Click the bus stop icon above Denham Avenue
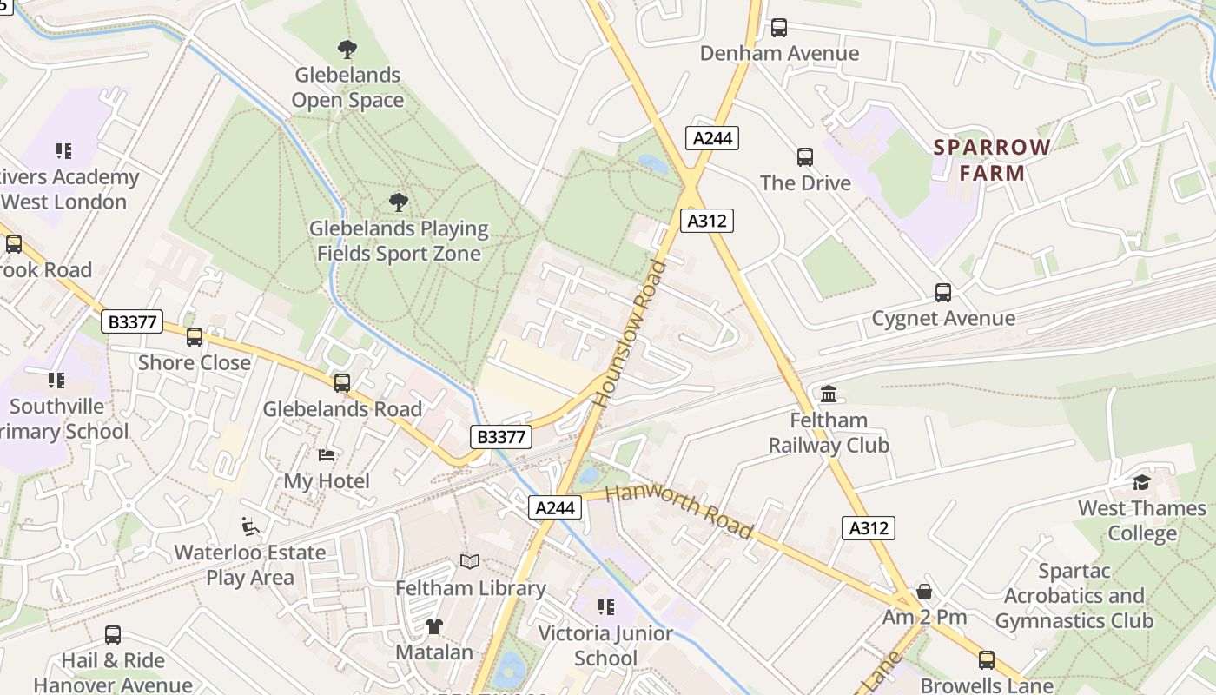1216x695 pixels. pos(779,28)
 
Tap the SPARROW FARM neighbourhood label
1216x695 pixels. pos(992,159)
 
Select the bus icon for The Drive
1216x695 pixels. pos(805,157)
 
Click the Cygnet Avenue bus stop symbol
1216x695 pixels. pos(943,293)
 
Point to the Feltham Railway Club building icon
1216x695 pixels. pos(829,394)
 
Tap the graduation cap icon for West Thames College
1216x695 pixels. pos(1141,482)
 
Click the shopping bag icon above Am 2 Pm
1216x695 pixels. pos(924,592)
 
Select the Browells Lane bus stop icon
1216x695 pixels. pos(986,660)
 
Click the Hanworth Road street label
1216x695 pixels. pos(678,511)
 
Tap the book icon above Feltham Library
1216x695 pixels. pos(470,562)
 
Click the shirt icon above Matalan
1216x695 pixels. pos(433,625)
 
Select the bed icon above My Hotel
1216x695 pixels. pos(327,455)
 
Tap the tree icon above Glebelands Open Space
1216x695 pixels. pos(347,49)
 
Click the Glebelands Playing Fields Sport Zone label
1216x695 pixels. pos(399,241)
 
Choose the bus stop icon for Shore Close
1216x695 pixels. pos(195,337)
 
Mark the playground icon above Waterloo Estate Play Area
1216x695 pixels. pos(249,526)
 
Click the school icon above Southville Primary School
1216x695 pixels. pos(56,381)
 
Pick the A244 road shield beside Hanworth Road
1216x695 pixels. pos(555,507)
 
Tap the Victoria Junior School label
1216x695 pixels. pos(605,645)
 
